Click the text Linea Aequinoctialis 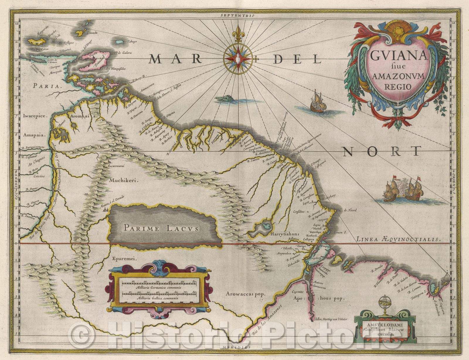tap(398, 239)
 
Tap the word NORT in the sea tap(381, 151)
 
